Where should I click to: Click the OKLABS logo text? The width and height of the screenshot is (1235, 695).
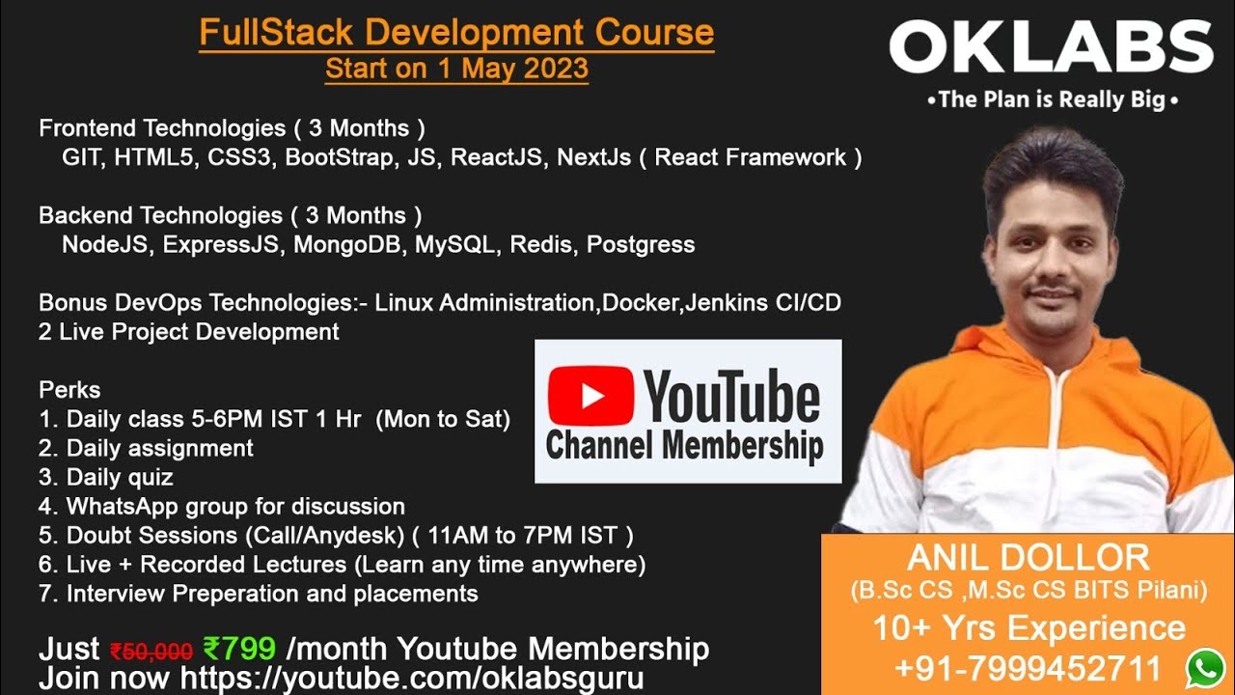1051,46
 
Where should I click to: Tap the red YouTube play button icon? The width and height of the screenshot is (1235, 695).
590,395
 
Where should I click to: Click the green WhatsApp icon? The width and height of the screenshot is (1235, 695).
1205,669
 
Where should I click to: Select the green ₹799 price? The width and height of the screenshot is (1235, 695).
239,648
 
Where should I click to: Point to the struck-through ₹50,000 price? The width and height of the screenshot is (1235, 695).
151,652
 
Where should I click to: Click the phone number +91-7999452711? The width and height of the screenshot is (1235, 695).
1029,668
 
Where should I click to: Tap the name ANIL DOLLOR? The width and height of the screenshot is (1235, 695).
1029,558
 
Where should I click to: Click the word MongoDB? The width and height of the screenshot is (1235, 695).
346,244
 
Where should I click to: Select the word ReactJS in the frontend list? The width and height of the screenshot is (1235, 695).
496,157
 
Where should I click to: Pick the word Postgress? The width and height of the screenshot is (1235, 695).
641,245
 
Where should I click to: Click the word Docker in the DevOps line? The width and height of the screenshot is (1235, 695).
640,302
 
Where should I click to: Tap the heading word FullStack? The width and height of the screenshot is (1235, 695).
276,32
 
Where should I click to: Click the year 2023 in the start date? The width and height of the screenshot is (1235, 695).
556,69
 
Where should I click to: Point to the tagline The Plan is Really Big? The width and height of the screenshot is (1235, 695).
1052,99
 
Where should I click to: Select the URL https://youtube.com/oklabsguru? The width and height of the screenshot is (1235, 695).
412,678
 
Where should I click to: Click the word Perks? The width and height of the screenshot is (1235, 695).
69,390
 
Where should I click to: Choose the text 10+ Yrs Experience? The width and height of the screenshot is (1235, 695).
1029,627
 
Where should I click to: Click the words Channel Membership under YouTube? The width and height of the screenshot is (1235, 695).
684,446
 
